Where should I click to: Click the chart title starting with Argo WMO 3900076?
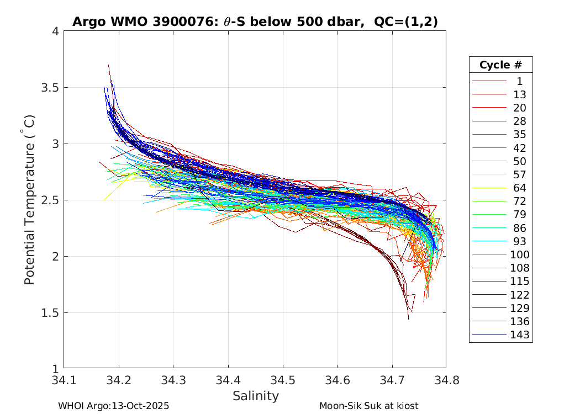pyautogui.click(x=255, y=22)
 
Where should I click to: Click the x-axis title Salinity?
pyautogui.click(x=255, y=396)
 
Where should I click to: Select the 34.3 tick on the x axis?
pyautogui.click(x=173, y=380)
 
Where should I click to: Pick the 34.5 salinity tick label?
pyautogui.click(x=282, y=380)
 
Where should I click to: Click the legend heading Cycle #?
pyautogui.click(x=500, y=65)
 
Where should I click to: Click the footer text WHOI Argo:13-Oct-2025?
pyautogui.click(x=113, y=406)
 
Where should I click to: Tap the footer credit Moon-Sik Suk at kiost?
pyautogui.click(x=368, y=406)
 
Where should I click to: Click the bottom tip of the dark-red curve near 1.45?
pyautogui.click(x=409, y=319)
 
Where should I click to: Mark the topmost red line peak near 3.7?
pyautogui.click(x=108, y=65)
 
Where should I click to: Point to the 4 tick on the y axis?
pyautogui.click(x=56, y=31)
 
